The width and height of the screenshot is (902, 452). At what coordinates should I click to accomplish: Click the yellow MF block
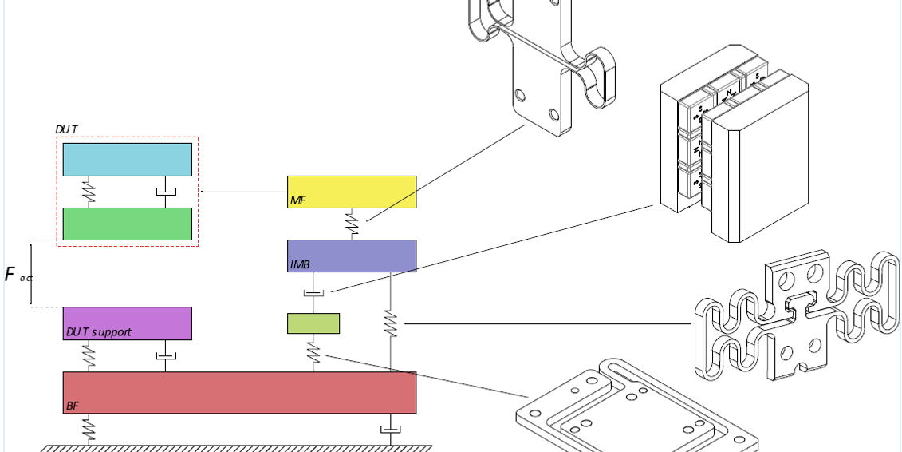pyautogui.click(x=352, y=192)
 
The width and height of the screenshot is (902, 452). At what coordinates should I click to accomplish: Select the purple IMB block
pyautogui.click(x=352, y=256)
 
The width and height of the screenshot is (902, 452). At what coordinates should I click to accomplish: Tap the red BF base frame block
pyautogui.click(x=239, y=392)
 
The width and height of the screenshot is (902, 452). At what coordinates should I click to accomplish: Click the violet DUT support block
pyautogui.click(x=128, y=323)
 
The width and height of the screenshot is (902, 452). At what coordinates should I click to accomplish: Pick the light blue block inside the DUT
pyautogui.click(x=128, y=160)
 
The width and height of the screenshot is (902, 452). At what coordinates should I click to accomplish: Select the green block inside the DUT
pyautogui.click(x=128, y=224)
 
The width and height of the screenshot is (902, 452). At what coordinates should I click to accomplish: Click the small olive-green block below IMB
pyautogui.click(x=313, y=323)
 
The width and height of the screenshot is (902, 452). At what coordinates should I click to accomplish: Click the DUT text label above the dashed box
pyautogui.click(x=66, y=129)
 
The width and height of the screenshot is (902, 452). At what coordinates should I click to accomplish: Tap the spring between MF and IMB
pyautogui.click(x=352, y=224)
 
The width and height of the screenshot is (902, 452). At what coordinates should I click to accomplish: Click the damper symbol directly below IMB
pyautogui.click(x=313, y=295)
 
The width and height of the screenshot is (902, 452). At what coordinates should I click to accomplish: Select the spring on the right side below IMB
pyautogui.click(x=390, y=323)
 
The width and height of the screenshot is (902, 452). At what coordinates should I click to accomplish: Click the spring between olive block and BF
pyautogui.click(x=313, y=352)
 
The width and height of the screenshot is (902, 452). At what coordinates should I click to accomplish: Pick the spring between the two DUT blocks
pyautogui.click(x=89, y=192)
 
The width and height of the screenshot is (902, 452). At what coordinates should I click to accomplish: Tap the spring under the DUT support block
pyautogui.click(x=89, y=355)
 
